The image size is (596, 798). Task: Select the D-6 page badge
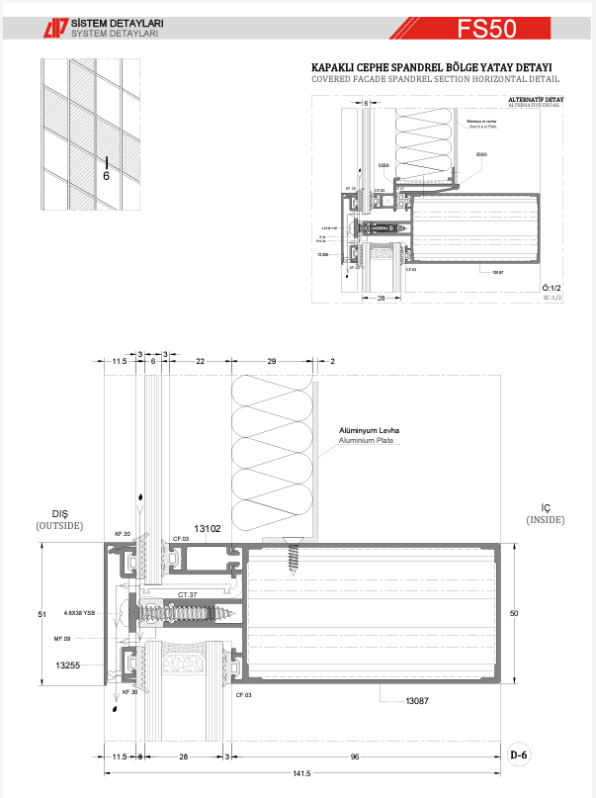[x=519, y=755]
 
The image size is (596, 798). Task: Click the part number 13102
[x=208, y=529]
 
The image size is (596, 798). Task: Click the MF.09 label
[x=64, y=639]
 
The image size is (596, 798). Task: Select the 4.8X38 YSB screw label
[x=78, y=612]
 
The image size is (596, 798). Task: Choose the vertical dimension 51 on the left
[x=43, y=614]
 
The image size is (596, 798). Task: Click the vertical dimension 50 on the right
[x=514, y=614]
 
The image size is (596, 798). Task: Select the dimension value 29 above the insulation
[x=271, y=362]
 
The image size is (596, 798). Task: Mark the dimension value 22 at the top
[x=200, y=362]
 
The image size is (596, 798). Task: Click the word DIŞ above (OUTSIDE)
[x=59, y=513]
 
